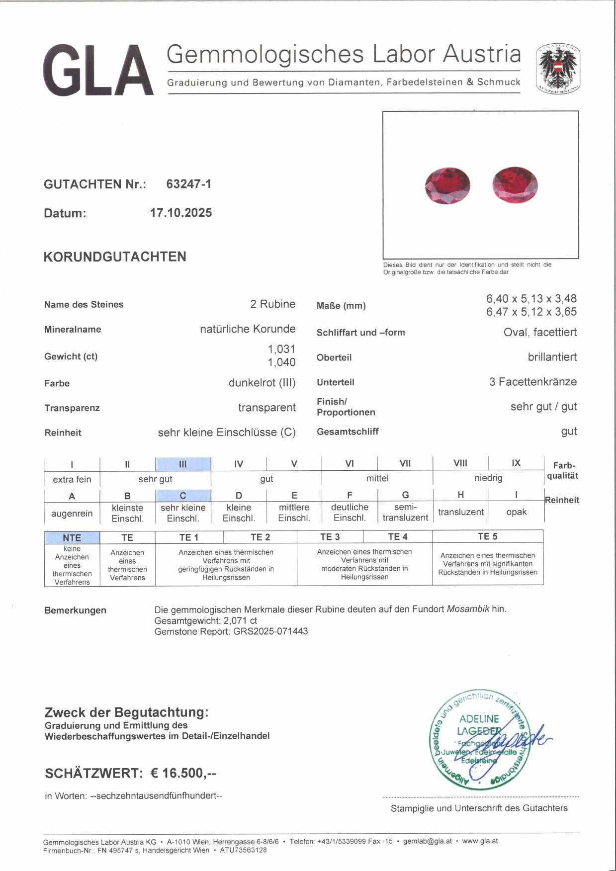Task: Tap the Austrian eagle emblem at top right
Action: click(558, 69)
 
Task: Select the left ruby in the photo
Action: click(447, 186)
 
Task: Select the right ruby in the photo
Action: click(515, 185)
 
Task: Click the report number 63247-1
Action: click(188, 184)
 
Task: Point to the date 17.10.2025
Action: click(181, 213)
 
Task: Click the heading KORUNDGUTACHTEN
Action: click(115, 257)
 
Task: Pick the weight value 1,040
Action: click(281, 362)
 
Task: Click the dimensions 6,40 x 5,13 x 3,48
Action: click(531, 299)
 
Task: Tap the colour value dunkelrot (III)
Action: click(262, 383)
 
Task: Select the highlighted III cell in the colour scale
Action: click(183, 464)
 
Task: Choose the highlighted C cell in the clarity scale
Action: click(183, 496)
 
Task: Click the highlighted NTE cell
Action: click(72, 537)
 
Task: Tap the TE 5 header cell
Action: click(487, 536)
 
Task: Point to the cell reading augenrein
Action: click(72, 513)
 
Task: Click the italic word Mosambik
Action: click(468, 609)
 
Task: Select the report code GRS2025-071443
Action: click(270, 631)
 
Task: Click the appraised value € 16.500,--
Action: click(183, 773)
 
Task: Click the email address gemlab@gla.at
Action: click(428, 841)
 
